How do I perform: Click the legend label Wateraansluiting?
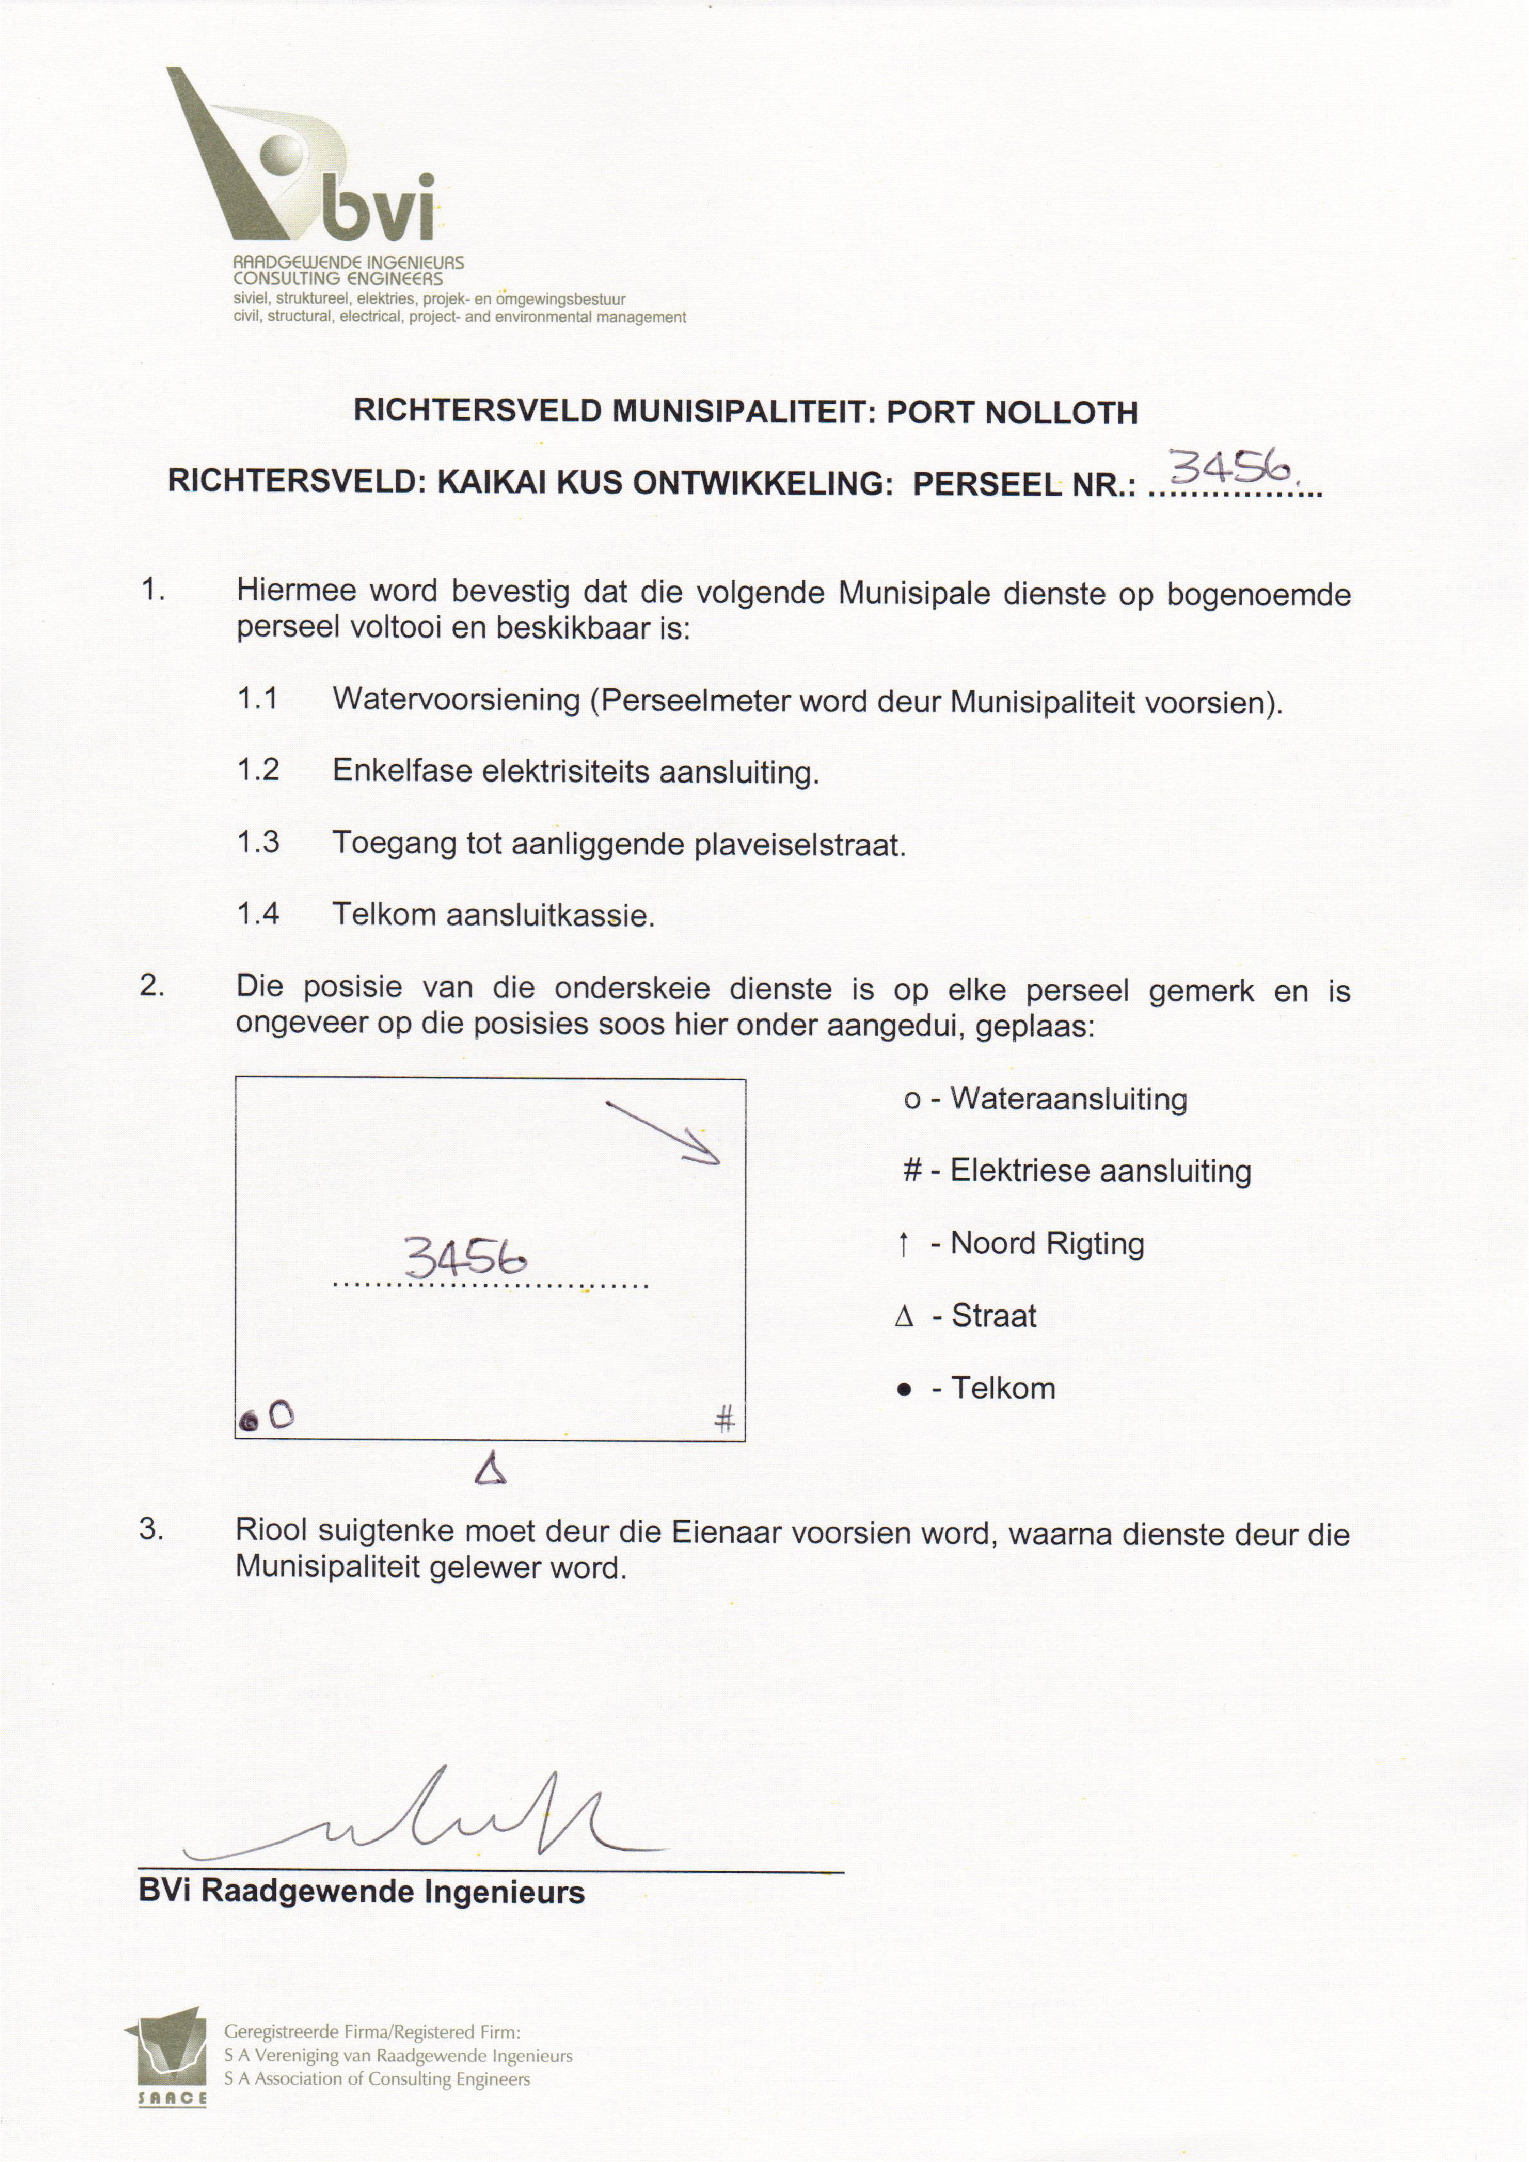tap(1069, 1099)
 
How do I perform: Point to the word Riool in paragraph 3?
tap(272, 1534)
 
